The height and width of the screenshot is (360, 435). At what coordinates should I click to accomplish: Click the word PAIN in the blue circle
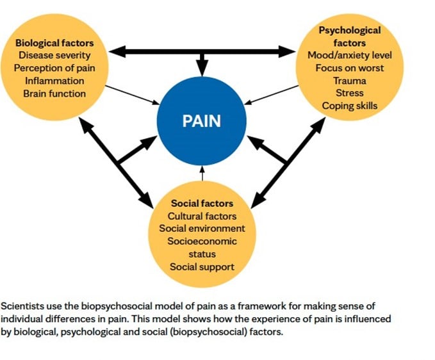click(202, 121)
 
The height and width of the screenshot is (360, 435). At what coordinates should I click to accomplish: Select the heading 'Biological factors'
click(54, 43)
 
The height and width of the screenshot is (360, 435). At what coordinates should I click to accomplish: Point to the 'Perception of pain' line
click(54, 68)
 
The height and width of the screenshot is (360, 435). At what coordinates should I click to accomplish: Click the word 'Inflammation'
click(54, 81)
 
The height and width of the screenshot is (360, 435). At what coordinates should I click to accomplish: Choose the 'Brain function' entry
click(54, 94)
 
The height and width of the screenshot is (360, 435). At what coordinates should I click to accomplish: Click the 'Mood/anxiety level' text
click(350, 56)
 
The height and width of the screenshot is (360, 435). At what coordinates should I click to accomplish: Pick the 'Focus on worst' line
click(350, 68)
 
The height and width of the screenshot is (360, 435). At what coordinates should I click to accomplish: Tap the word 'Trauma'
click(350, 81)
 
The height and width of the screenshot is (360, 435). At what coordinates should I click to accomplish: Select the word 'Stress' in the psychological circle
click(350, 94)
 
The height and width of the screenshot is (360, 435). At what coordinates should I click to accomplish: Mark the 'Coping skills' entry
click(350, 106)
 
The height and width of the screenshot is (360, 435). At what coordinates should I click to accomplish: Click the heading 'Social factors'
click(202, 204)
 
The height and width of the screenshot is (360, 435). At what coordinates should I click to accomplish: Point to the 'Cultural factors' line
click(202, 216)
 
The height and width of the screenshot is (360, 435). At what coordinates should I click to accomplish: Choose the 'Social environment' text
click(202, 229)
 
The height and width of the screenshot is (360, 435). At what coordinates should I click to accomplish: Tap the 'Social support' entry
click(202, 266)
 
